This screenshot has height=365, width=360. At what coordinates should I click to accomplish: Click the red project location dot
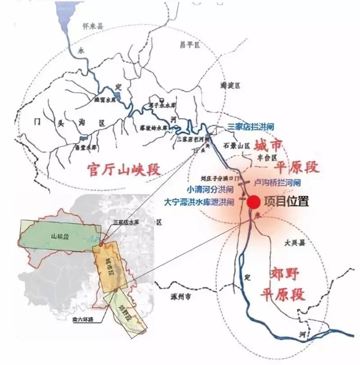click(253, 202)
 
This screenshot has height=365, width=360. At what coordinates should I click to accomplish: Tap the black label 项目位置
click(286, 202)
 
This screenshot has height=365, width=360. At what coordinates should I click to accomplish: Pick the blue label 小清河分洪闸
click(211, 189)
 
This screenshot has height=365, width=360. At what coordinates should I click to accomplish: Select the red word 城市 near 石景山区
click(268, 146)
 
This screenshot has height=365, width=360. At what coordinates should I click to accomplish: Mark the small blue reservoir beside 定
click(118, 97)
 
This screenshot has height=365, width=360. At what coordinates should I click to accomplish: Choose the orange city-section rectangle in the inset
click(110, 265)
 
